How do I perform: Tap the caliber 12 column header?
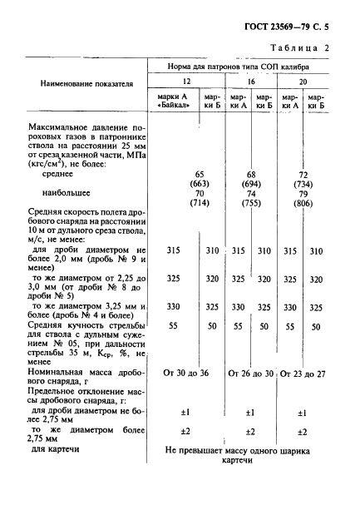pos(187,81)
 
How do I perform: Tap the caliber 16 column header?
pos(250,81)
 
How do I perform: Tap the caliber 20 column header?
pos(302,81)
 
